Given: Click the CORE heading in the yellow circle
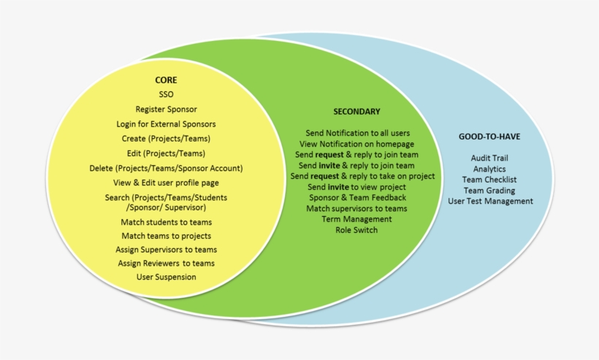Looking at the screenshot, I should coord(166,80).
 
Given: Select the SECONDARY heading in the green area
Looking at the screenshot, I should coord(356,112).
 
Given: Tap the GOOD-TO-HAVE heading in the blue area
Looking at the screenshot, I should coord(489,137).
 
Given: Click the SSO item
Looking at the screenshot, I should coord(166,95).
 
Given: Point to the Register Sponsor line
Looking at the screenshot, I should coord(166,110).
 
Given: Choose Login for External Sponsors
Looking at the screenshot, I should coord(166,124).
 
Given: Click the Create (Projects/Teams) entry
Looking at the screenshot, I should coord(166,139).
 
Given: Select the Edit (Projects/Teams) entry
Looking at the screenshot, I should coord(166,153).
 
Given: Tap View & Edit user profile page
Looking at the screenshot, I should coord(166,183).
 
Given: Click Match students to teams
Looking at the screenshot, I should coord(166,221).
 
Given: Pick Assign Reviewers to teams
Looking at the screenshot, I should coord(166,263).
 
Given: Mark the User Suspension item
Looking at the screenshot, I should coord(166,277).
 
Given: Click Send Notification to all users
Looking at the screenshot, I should coord(357,133).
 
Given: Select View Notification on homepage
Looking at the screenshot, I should coord(357,144).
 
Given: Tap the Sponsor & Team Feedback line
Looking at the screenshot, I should coord(357,198).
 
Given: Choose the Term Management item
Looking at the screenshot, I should coord(357,219).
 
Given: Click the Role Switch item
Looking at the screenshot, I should coord(357,230).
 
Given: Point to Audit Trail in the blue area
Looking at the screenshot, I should coord(490,158).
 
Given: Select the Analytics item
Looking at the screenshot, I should coord(490,169).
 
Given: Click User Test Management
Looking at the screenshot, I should coord(490,201).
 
